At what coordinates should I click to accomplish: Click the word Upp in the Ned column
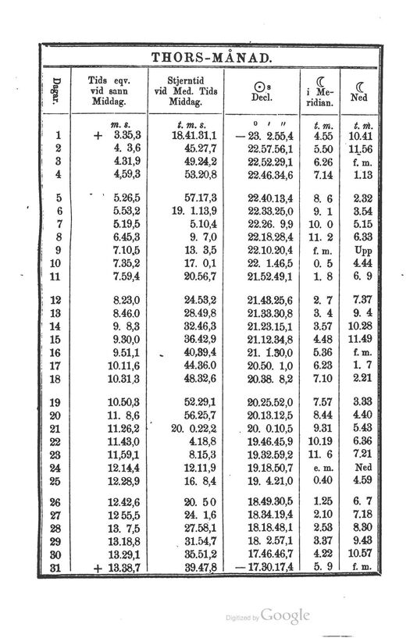click(362, 251)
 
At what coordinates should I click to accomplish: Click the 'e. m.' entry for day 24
click(323, 468)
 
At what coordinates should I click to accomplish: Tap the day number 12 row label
click(59, 299)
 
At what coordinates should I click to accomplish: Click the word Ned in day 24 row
click(362, 468)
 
